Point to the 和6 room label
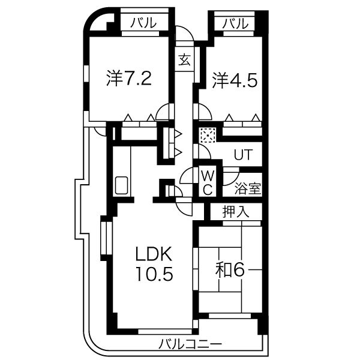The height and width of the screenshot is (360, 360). (230, 270)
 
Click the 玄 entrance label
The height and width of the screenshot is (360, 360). (184, 59)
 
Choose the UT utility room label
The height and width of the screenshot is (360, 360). (242, 154)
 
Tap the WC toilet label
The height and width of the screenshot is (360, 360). (206, 182)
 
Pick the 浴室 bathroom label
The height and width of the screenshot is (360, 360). (248, 188)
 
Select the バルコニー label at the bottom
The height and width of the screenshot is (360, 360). (191, 344)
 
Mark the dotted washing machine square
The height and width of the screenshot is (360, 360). (208, 136)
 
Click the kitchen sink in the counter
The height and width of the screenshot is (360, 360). (122, 185)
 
